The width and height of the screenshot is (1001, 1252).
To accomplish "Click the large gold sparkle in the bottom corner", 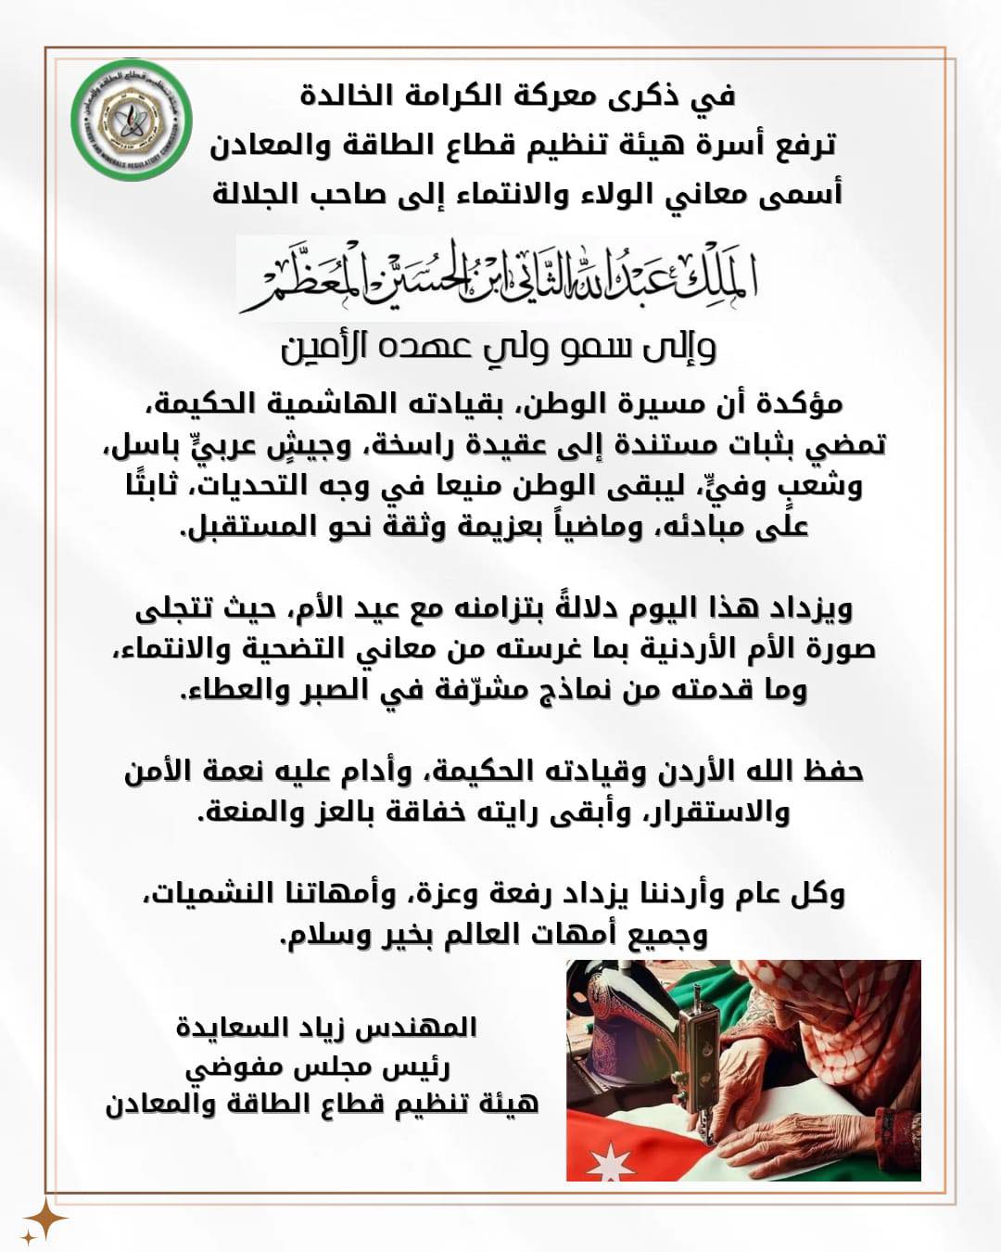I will tap(44, 1219).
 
